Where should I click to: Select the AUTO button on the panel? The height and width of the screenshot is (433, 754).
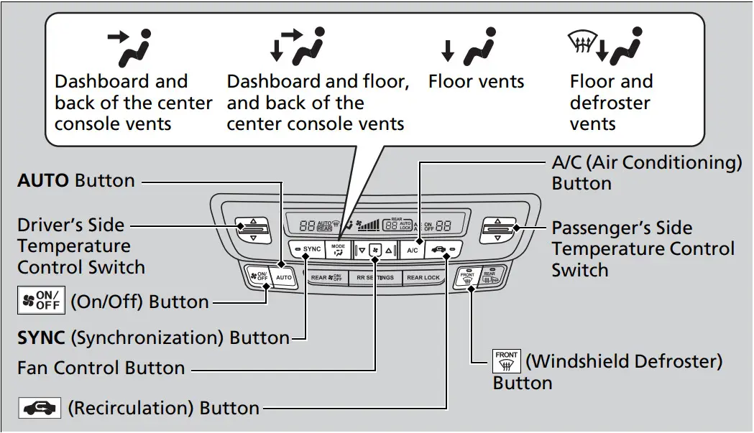tap(284, 276)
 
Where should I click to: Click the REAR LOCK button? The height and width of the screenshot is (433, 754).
tap(423, 277)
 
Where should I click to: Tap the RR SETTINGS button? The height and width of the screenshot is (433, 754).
tap(375, 277)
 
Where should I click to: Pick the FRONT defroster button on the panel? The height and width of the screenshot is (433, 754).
tap(468, 278)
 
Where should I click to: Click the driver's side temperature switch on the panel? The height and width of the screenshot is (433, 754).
tap(252, 230)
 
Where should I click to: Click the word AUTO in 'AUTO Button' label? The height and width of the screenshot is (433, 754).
tap(44, 180)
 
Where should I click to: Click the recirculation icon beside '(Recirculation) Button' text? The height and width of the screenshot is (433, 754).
tap(40, 408)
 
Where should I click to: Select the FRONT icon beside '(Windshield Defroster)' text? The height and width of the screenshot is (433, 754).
tap(506, 361)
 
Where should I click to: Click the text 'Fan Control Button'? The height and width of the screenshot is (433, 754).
tap(101, 368)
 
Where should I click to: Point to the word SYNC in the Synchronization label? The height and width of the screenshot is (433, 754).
tap(41, 337)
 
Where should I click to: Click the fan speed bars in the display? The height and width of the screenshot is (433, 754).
tap(369, 225)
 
